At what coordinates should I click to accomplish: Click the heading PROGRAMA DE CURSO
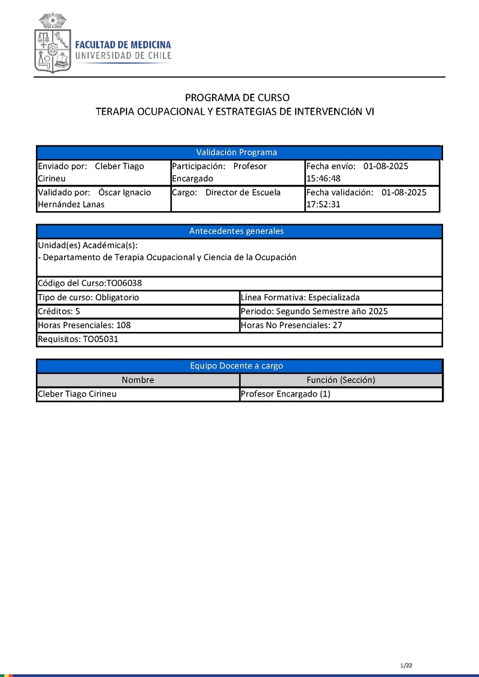pos(237,97)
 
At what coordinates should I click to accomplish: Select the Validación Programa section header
pos(237,153)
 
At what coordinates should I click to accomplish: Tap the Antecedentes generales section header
pos(237,231)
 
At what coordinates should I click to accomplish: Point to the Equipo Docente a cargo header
pos(237,366)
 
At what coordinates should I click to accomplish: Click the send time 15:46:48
pos(323,178)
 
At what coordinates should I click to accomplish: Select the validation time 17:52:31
pos(323,205)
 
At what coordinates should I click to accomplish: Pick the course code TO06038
pos(124,283)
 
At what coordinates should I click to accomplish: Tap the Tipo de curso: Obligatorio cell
pos(89,297)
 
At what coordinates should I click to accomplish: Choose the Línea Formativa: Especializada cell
pos(300,297)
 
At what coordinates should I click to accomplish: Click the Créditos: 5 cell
pos(59,311)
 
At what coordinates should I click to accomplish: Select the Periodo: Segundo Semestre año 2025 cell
pos(314,311)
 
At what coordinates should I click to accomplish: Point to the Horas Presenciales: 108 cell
pos(84,325)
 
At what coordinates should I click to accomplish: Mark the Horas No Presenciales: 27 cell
pos(291,325)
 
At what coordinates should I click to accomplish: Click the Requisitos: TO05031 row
pos(82,339)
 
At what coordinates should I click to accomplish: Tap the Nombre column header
pos(138,380)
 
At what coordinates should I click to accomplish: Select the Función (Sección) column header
pos(341,380)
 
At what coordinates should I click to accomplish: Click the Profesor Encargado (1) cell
pos(285,394)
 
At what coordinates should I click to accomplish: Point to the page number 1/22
pos(407,665)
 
